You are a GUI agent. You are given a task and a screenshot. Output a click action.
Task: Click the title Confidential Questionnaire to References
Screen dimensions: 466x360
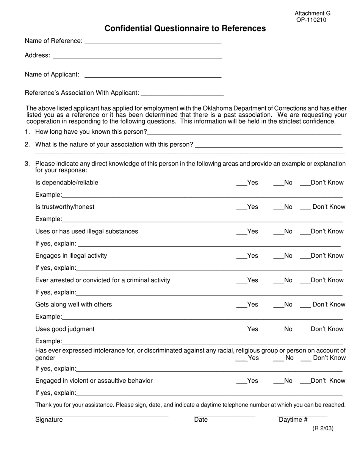click(x=185, y=28)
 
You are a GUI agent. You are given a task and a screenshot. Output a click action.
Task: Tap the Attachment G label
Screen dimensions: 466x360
click(x=312, y=13)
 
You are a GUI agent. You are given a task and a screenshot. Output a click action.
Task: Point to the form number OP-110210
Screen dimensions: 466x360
click(x=311, y=20)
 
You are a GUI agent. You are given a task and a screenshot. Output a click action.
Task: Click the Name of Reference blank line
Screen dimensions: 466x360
click(x=153, y=42)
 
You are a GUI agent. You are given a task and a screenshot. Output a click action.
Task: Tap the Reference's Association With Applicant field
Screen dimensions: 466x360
click(x=182, y=94)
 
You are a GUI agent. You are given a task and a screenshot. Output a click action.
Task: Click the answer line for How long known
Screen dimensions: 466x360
click(x=244, y=133)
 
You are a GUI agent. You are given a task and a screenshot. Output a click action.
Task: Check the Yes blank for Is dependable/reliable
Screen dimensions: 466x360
click(x=241, y=184)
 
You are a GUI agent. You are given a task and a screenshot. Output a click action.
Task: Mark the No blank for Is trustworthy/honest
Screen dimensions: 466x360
click(x=279, y=208)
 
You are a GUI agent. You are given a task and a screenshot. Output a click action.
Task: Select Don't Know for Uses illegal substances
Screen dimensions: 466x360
click(x=305, y=233)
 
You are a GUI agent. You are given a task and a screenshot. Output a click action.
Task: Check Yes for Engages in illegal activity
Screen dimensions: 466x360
click(x=241, y=257)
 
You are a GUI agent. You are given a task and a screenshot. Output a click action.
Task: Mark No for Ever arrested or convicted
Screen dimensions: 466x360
click(x=279, y=282)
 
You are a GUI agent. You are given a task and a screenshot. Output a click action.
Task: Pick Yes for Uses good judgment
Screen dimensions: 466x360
click(x=241, y=331)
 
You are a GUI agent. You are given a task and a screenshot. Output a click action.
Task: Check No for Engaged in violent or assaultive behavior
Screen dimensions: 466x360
click(x=279, y=382)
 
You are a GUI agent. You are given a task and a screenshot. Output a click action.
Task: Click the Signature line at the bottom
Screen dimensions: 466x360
click(x=102, y=415)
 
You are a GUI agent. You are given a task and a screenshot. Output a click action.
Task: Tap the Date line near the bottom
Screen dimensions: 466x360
click(x=224, y=415)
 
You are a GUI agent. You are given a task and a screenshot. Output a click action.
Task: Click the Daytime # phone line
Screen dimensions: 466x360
click(x=302, y=415)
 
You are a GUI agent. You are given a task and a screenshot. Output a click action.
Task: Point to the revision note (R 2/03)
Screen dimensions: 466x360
click(x=323, y=428)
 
